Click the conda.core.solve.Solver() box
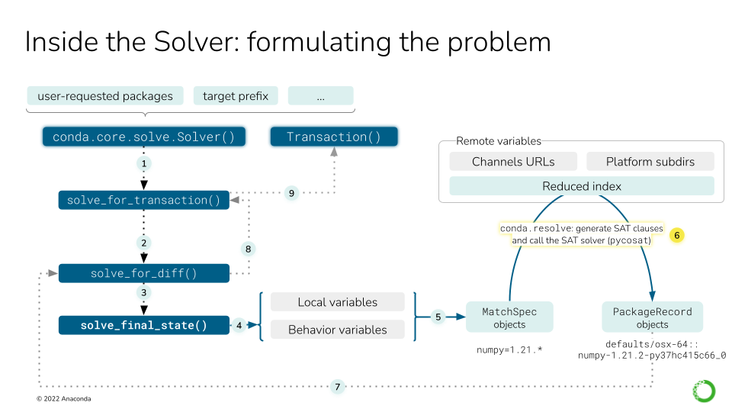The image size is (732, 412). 143,137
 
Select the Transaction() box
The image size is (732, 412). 333,137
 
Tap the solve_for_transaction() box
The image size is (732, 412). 143,200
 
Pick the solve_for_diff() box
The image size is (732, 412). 143,273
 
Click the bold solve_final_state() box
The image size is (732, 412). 143,325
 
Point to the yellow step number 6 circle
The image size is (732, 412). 676,235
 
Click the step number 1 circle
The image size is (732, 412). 143,163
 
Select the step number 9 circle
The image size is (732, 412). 291,193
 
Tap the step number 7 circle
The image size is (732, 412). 338,387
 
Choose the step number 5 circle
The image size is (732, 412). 438,317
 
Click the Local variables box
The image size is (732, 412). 337,302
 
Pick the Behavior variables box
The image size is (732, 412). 337,330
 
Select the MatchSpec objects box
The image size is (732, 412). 509,317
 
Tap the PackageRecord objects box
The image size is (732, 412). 652,317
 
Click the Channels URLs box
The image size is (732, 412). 513,162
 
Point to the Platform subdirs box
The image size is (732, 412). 650,162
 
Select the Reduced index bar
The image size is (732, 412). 582,186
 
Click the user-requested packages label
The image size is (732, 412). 105,96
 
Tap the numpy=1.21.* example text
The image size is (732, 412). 509,352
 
